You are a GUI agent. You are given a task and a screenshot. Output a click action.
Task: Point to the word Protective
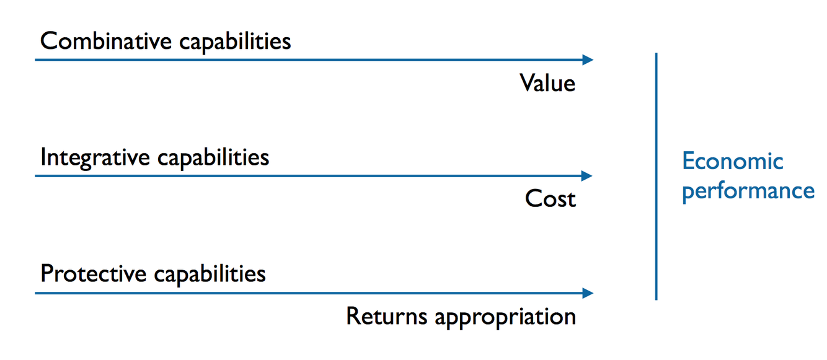(93, 273)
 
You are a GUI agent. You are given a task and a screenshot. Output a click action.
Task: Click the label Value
(547, 83)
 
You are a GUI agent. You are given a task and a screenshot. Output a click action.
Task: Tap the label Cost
(550, 199)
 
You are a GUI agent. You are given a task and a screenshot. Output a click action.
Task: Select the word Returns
(386, 316)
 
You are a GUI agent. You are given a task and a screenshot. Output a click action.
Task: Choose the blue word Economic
(732, 161)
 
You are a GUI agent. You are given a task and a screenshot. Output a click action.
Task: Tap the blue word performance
(748, 190)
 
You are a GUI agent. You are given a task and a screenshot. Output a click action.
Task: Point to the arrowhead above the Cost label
(588, 176)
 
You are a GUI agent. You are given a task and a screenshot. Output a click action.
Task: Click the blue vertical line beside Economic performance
(656, 177)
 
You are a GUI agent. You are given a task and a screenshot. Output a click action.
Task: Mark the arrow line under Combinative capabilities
(310, 60)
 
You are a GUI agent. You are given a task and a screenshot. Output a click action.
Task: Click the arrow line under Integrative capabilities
(310, 176)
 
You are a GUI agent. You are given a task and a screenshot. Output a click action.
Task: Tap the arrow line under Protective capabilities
(310, 293)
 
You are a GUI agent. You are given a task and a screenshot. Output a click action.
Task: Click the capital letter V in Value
(527, 83)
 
